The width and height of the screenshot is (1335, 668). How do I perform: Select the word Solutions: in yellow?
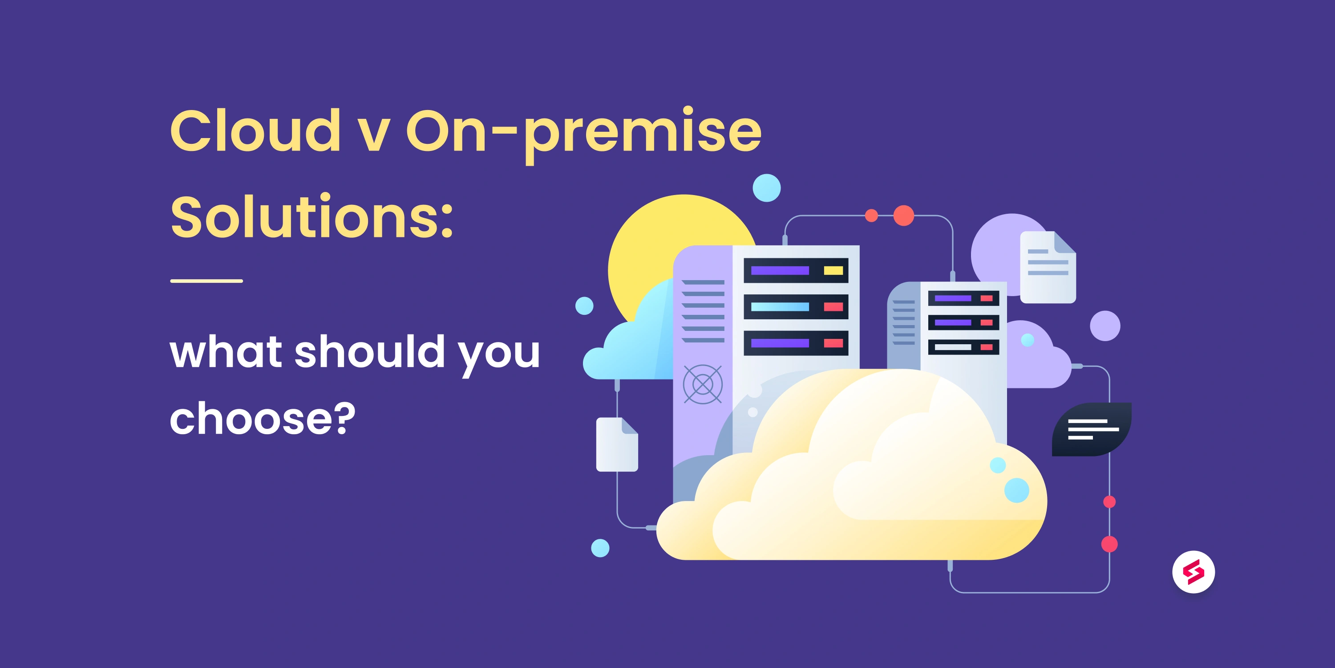pyautogui.click(x=311, y=217)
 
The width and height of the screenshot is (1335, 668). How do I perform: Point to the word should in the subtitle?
pyautogui.click(x=369, y=352)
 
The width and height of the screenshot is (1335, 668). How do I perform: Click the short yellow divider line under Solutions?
pyautogui.click(x=206, y=281)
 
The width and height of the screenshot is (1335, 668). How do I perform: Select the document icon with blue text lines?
pyautogui.click(x=1048, y=267)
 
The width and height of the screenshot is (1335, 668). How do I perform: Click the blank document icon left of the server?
pyautogui.click(x=617, y=444)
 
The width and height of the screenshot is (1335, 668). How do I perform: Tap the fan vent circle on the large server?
pyautogui.click(x=702, y=384)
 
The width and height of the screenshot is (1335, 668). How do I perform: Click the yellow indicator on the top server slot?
pyautogui.click(x=833, y=270)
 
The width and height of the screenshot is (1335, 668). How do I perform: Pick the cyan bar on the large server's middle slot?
pyautogui.click(x=780, y=306)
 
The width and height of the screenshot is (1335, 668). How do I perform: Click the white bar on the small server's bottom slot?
pyautogui.click(x=953, y=347)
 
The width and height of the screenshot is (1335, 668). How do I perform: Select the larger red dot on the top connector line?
pyautogui.click(x=903, y=215)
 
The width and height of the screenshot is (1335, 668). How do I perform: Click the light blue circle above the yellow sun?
pyautogui.click(x=766, y=188)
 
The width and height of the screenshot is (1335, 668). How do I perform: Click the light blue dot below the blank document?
pyautogui.click(x=600, y=548)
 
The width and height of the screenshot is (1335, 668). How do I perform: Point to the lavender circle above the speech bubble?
pyautogui.click(x=1105, y=326)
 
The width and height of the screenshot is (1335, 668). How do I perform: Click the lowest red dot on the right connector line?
pyautogui.click(x=1109, y=544)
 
